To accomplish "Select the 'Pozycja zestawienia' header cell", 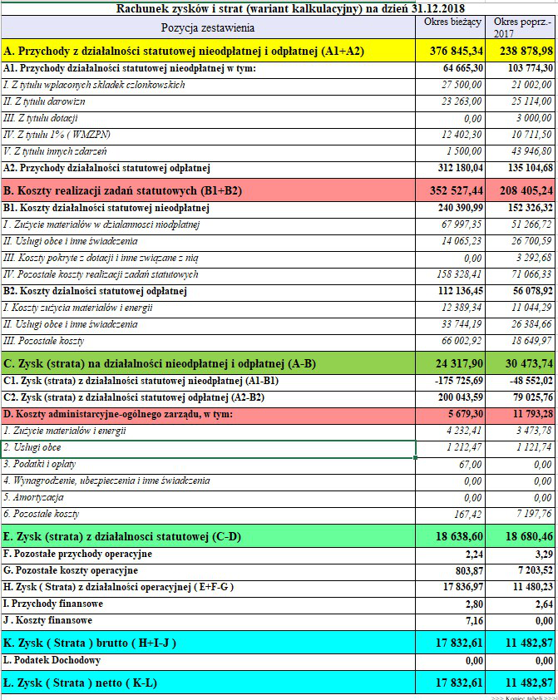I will [208, 27].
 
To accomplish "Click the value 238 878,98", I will [522, 52].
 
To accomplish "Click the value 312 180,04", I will [459, 167].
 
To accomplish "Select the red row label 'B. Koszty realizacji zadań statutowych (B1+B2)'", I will [122, 191].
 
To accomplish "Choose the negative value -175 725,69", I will [458, 381].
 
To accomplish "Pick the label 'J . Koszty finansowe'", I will [48, 620].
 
